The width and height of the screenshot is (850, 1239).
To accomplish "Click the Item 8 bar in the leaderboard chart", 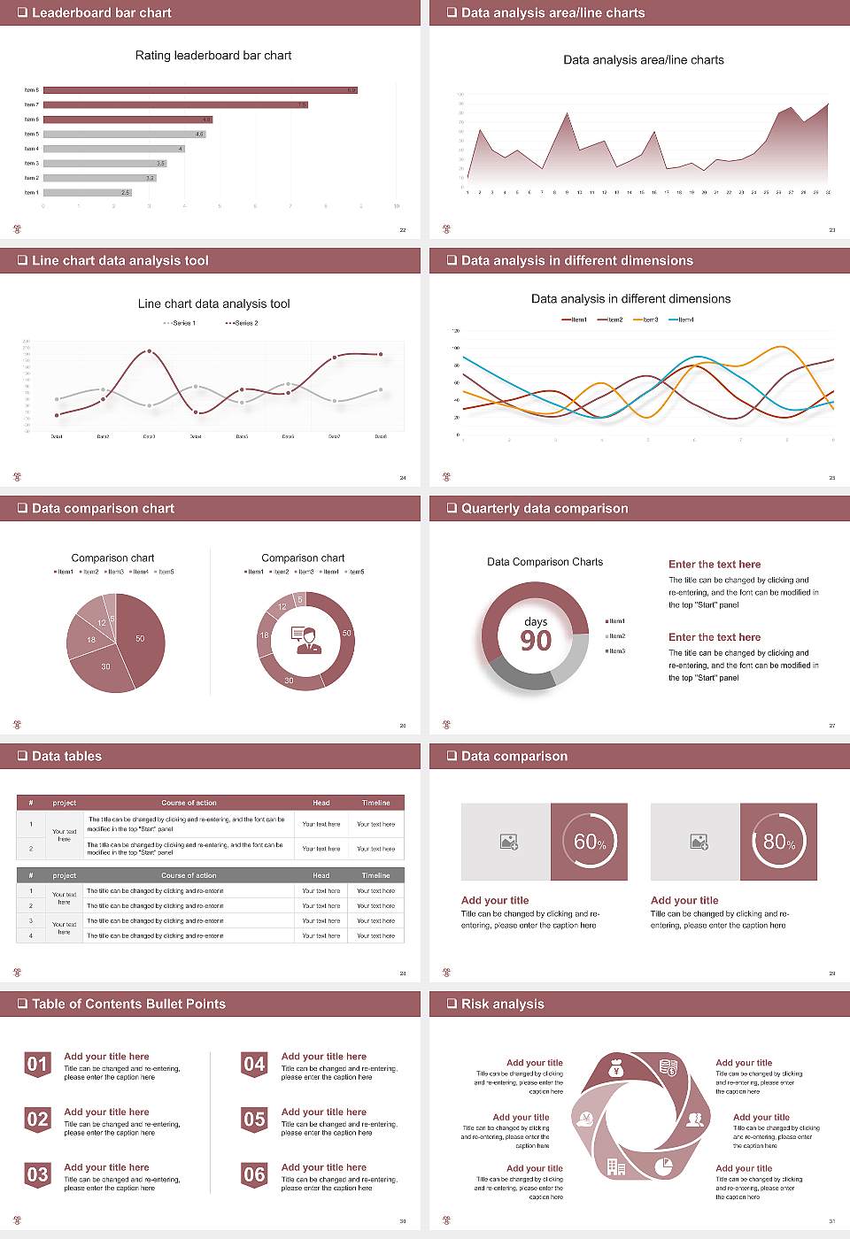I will coord(200,90).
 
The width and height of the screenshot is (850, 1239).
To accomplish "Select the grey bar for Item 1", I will coord(87,192).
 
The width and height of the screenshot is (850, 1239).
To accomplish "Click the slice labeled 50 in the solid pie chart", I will coord(138,638).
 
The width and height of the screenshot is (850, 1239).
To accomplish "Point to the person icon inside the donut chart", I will coord(305,640).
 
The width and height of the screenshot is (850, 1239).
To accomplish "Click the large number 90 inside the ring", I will coord(536,641).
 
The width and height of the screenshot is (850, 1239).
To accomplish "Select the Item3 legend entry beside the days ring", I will coord(615,650).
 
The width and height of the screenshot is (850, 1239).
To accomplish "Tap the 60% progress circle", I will coord(590,842).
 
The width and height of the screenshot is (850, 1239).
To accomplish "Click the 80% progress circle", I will coord(779,842).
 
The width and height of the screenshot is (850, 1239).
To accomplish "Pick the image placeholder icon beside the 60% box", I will coord(509,842).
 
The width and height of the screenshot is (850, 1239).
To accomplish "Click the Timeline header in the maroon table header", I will coord(375,803).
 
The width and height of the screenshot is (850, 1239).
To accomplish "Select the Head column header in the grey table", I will coord(321,875).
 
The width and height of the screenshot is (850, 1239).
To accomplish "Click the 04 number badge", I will coord(254,1064).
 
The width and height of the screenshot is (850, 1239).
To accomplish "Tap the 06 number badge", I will coord(254,1174).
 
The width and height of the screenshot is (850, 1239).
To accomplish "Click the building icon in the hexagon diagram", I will coord(616,1167).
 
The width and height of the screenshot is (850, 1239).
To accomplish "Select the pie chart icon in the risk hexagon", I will coord(663,1167).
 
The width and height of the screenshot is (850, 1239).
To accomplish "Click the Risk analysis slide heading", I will coord(502,1004).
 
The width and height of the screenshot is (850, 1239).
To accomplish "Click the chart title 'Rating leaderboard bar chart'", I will coord(213,55).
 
